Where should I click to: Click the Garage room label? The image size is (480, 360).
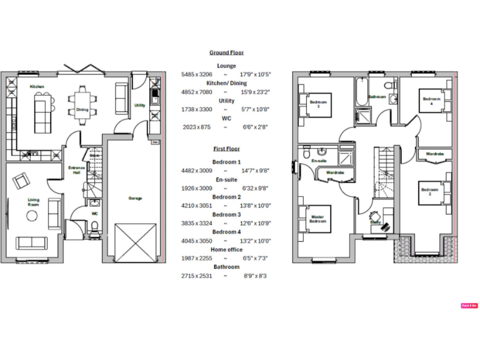point(135,198)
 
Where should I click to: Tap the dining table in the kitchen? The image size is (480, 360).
point(82,102)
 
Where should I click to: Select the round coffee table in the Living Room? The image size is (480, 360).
point(31,216)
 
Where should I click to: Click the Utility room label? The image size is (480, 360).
point(139,105)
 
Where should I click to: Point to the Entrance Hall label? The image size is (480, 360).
point(76,170)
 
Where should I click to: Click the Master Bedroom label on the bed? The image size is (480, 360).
point(317,219)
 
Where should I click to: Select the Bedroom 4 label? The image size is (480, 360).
point(431,101)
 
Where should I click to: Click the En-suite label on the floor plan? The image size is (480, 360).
point(319,161)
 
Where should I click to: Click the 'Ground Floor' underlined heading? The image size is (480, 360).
point(226,53)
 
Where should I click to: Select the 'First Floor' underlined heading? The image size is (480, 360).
point(226,149)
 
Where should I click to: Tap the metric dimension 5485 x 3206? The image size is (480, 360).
point(192,74)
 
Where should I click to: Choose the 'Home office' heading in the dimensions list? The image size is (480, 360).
point(226,249)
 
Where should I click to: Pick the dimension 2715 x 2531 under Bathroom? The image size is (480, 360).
point(192,276)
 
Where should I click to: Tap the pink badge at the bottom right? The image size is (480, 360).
point(469,306)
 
